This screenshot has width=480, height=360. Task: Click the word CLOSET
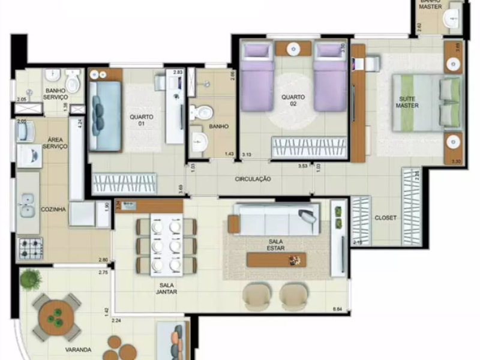[385, 218]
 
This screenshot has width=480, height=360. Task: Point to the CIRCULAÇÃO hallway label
[253, 179]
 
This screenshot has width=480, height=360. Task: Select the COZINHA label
[53, 209]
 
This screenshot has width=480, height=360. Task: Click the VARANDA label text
[78, 349]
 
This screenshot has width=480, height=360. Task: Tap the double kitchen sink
[26, 205]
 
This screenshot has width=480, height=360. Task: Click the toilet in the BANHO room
[199, 112]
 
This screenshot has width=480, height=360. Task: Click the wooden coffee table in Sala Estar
[276, 259]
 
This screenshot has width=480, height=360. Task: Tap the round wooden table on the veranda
[56, 316]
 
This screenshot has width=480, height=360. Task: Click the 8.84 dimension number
[338, 309]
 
